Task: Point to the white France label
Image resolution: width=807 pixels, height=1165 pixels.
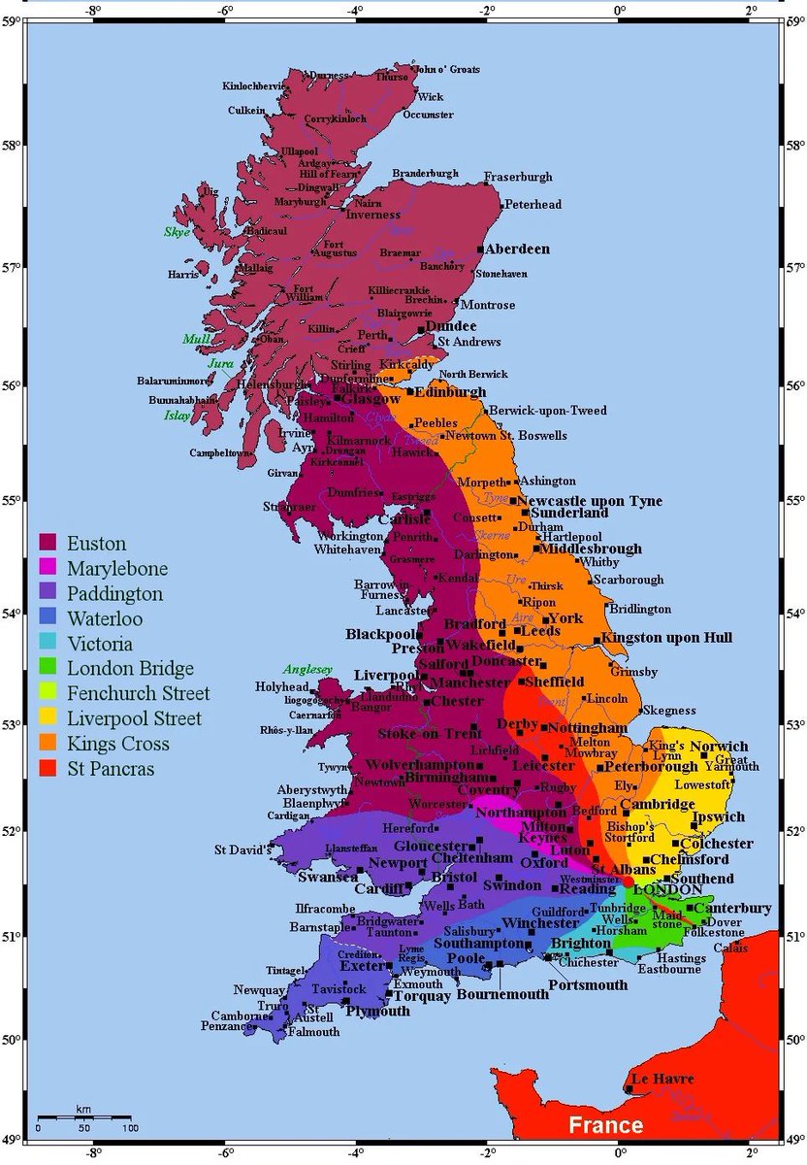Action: click(x=605, y=1125)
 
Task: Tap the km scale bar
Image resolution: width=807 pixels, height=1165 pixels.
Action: click(x=82, y=1118)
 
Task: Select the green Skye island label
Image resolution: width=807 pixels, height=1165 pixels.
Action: click(x=177, y=232)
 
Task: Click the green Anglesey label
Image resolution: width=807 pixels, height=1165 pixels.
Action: click(x=307, y=669)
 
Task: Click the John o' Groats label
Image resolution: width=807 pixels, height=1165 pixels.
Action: click(x=447, y=69)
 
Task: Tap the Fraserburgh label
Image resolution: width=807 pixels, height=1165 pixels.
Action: click(x=518, y=177)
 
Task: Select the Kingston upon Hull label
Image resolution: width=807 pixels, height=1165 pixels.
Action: click(x=667, y=638)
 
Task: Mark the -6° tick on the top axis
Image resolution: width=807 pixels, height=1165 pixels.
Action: click(x=225, y=11)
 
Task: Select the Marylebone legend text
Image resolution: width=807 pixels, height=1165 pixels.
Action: click(x=116, y=568)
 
